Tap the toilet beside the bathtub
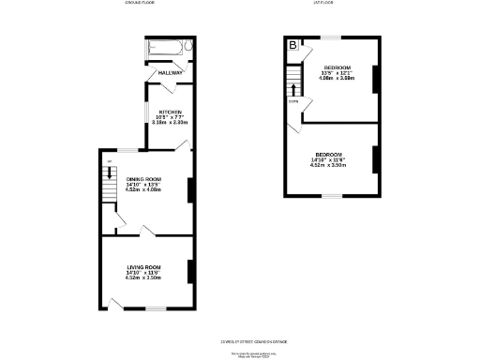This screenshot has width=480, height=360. coord(188,46)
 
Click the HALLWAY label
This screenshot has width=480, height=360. coord(170,72)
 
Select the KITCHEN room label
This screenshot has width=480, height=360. coord(170,112)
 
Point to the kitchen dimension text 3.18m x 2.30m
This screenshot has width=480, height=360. coord(170,123)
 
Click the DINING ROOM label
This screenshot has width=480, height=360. coord(144,179)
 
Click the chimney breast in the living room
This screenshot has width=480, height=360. coord(190,270)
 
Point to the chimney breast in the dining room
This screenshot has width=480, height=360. coord(190,190)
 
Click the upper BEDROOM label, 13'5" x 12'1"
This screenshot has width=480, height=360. coord(337,68)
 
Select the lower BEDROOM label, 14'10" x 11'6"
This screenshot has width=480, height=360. coord(328,154)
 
